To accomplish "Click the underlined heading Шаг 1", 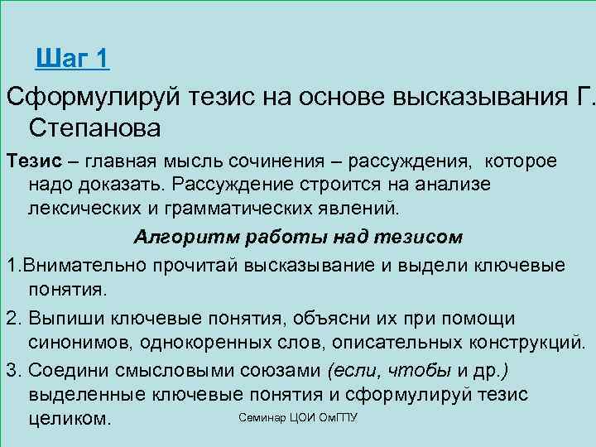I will (x=73, y=59).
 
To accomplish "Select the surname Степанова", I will (x=94, y=128).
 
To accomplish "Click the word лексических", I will (x=79, y=204).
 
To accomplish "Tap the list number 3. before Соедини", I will (x=12, y=370).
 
